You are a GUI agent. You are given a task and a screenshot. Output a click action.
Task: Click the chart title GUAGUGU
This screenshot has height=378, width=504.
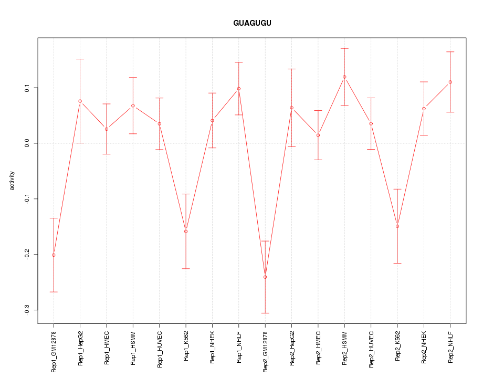point(252,24)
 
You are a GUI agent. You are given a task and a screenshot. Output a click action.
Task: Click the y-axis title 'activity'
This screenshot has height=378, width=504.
point(13,180)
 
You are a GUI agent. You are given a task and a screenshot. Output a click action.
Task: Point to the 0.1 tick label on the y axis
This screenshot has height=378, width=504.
point(26,88)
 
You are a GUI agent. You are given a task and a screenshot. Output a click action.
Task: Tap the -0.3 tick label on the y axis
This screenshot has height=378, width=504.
point(26,310)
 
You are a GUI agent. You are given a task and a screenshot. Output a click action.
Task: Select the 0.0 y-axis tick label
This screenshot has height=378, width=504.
point(26,143)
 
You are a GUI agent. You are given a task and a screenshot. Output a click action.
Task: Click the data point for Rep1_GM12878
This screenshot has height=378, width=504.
point(54,255)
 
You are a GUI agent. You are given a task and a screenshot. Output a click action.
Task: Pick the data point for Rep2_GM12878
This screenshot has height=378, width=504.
point(265,277)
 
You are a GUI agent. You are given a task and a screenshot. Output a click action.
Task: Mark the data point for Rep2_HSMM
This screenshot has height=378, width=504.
point(344,77)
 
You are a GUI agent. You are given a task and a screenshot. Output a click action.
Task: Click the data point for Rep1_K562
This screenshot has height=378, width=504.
point(186,231)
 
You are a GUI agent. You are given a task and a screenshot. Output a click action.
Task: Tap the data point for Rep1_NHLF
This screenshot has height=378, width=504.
point(239,88)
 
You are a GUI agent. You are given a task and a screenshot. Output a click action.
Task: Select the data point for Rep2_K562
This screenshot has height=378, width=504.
point(397,226)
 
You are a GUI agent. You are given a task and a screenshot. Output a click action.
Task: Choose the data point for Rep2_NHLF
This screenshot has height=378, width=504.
point(450,82)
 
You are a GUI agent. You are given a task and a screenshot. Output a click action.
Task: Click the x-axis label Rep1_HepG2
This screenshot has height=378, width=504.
point(80,347)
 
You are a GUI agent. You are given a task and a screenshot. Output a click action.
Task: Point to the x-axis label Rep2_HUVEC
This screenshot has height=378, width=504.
point(371,347)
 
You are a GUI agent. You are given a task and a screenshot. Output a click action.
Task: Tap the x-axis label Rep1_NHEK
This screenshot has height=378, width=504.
point(213,347)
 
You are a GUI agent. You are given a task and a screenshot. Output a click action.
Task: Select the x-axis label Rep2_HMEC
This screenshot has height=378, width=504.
point(318,347)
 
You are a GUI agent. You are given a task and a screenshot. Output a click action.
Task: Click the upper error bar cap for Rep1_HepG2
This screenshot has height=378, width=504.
point(80,59)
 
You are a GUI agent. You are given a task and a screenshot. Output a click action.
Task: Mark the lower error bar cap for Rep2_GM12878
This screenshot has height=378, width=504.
point(265,313)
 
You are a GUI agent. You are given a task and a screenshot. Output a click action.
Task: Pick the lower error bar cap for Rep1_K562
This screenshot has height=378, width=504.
point(186,268)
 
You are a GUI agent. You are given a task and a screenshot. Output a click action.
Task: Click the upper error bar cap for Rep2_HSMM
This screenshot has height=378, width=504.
point(344,48)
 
